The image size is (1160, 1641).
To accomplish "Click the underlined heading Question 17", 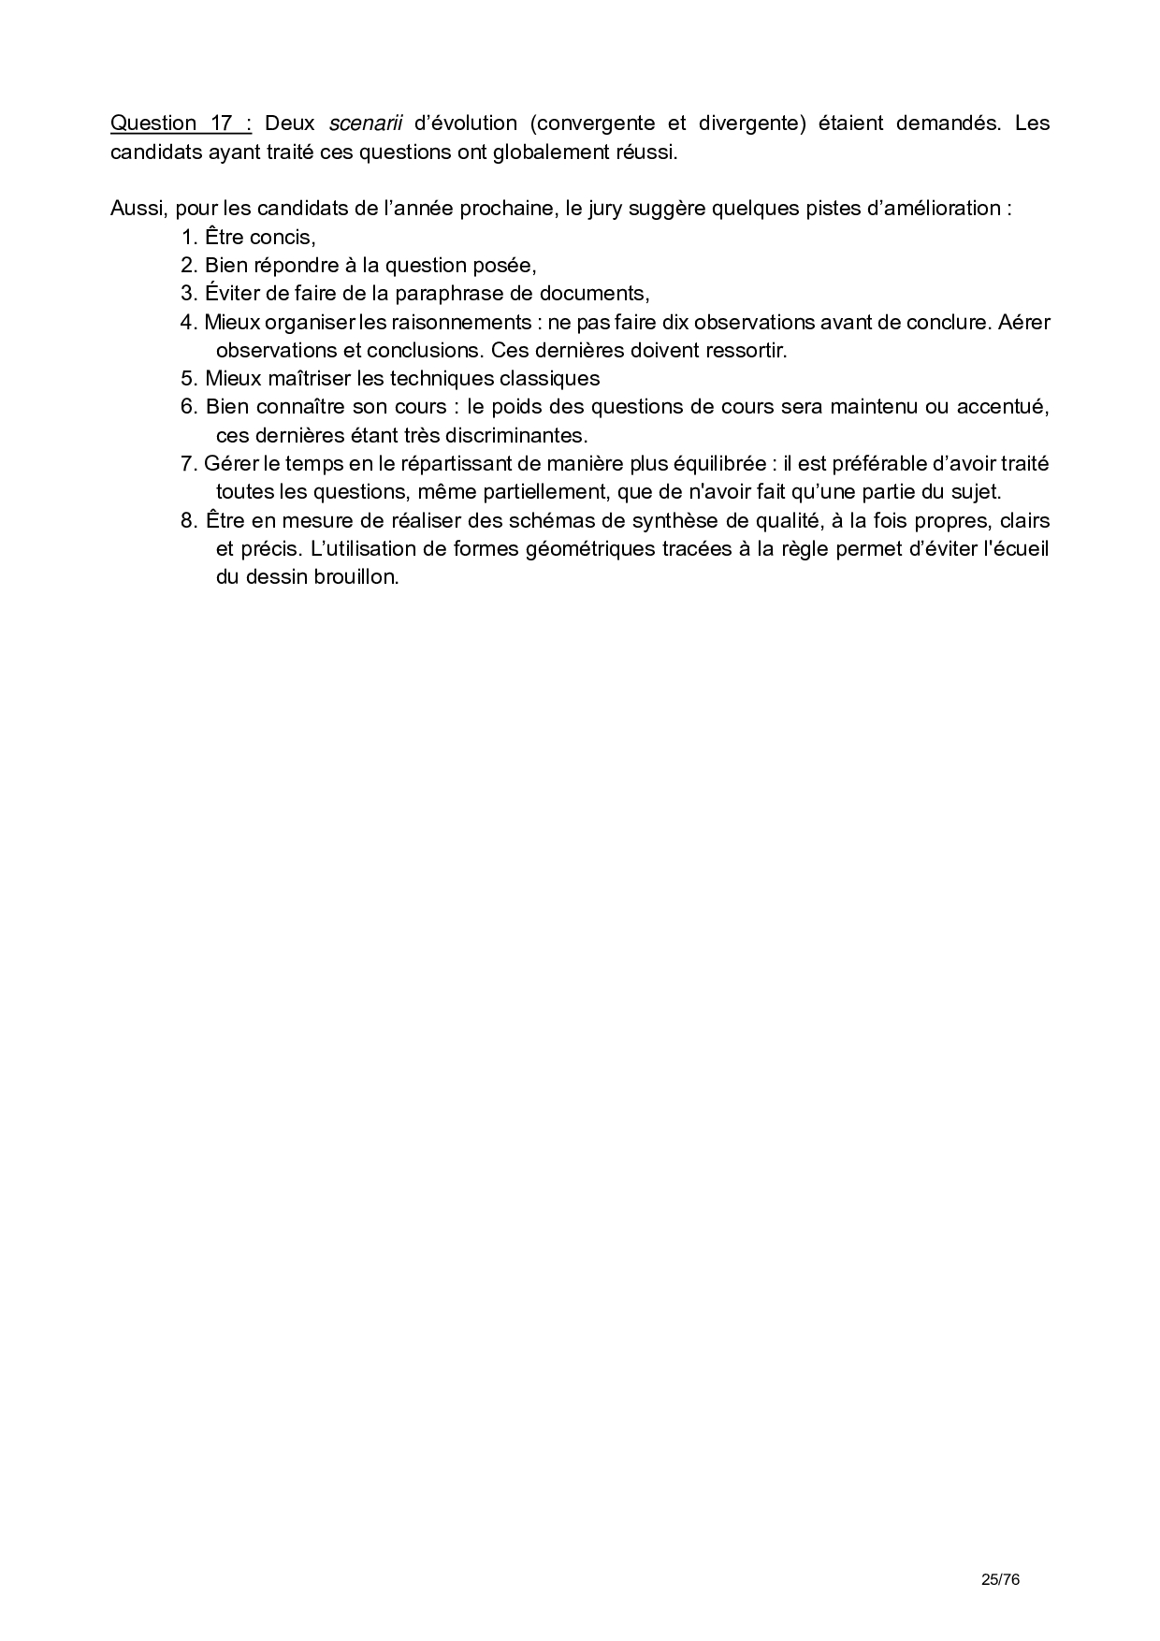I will (181, 123).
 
